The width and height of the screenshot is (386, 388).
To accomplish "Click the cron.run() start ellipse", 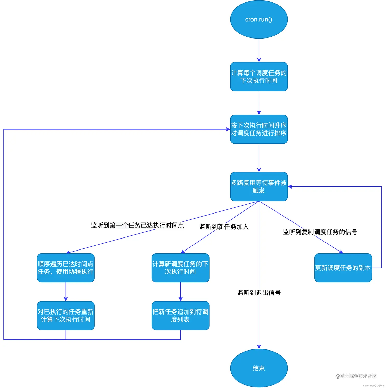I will tap(259, 19).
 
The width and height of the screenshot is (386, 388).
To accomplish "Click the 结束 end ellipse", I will tap(259, 368).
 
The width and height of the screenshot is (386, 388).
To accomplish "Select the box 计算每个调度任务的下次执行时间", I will tap(259, 77).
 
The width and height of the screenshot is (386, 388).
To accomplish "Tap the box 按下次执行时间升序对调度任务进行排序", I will tap(259, 129).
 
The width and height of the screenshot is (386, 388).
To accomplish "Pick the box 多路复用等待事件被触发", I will tap(259, 186).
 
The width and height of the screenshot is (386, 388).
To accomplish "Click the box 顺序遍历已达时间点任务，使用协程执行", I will tap(66, 268).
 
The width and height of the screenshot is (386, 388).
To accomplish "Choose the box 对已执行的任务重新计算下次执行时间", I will tap(66, 315).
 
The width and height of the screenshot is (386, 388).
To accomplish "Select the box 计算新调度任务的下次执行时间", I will tap(180, 268).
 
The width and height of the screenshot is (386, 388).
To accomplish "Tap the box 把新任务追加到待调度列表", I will tap(180, 315).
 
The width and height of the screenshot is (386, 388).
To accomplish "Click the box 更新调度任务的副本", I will tap(343, 268).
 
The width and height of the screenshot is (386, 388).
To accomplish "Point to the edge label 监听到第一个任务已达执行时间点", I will tap(137, 225).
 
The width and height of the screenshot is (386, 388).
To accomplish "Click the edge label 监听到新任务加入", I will tap(224, 227).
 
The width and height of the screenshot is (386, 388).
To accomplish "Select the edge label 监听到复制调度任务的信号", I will tap(320, 232).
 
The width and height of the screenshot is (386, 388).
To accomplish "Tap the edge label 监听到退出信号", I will tap(259, 293).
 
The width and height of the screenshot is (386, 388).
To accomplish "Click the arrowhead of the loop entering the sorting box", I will tap(228, 129).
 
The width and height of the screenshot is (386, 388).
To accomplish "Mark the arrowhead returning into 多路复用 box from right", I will tap(290, 186).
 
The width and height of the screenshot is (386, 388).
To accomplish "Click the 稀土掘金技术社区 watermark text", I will tap(356, 376).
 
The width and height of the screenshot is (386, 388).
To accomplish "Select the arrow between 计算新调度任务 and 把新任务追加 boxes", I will tap(180, 292).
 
